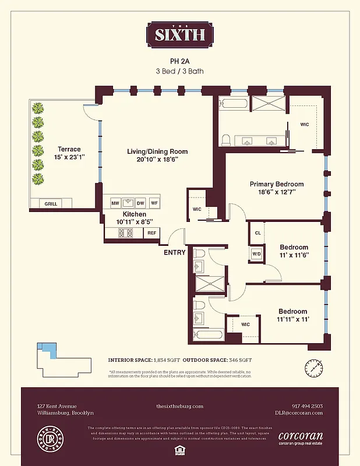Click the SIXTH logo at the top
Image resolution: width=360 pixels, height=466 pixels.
(x=179, y=34)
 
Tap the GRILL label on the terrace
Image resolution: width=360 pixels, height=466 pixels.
(x=51, y=204)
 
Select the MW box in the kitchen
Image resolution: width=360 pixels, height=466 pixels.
(x=115, y=203)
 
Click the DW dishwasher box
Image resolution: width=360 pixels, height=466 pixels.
(x=140, y=203)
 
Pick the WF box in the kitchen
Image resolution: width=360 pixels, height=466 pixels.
(x=154, y=203)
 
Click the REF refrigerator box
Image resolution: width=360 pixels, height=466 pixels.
(x=151, y=233)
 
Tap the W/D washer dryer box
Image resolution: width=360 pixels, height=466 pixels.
(x=256, y=254)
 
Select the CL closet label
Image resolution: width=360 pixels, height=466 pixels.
(x=257, y=233)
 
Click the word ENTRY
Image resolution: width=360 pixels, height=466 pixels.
(x=175, y=252)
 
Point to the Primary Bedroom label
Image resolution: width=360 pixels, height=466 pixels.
(x=276, y=184)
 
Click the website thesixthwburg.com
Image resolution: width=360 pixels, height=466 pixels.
(x=179, y=406)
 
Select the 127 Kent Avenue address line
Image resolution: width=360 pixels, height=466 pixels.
(x=57, y=406)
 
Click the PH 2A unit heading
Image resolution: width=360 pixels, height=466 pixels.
(x=179, y=60)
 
